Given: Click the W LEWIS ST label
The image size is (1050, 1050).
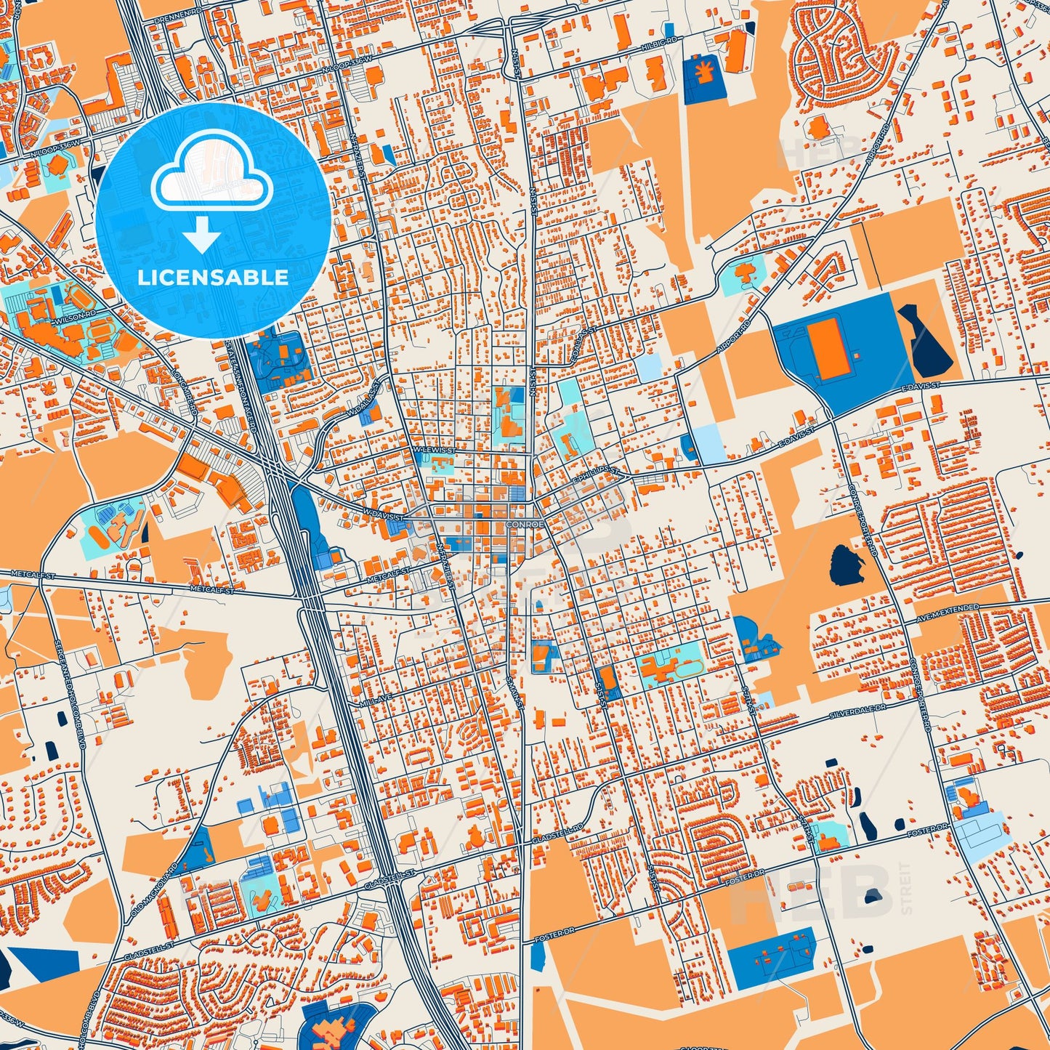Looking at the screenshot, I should tap(434, 451).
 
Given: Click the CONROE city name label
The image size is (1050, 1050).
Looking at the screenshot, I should tap(525, 524).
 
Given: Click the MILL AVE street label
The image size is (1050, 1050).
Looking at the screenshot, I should tap(376, 703).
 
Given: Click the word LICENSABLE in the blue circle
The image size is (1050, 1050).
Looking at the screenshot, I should tap(212, 278).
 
